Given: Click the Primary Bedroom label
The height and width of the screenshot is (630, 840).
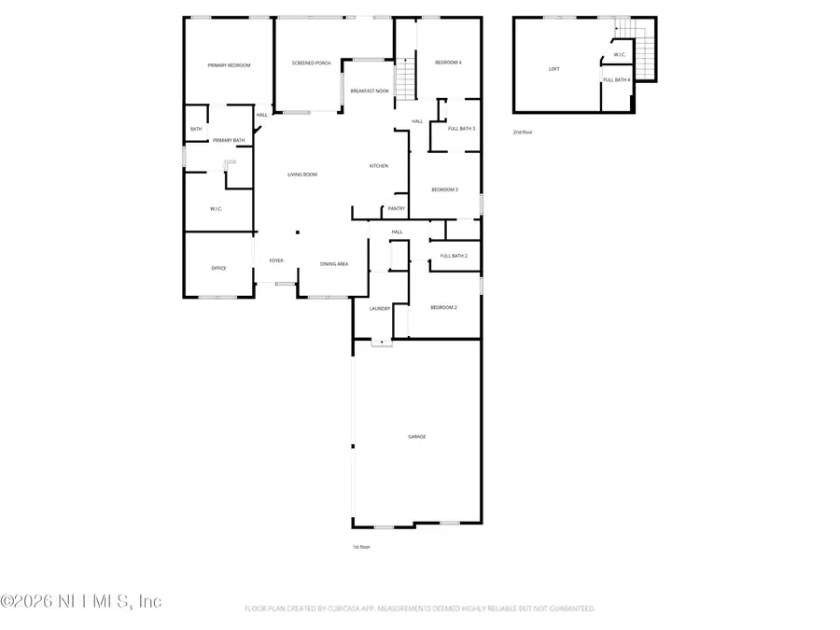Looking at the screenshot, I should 229,65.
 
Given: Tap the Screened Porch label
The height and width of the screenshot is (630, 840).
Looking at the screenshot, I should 311,63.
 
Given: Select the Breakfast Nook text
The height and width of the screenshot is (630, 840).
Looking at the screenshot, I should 370,91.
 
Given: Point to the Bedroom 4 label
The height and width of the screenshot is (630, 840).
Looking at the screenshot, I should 448,63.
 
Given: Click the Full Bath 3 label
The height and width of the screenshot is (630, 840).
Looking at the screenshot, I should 461,129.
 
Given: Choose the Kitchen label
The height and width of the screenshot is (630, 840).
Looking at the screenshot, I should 378,166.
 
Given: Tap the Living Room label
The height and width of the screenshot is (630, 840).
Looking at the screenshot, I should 301,175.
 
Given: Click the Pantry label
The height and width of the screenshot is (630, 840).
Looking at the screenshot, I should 396,209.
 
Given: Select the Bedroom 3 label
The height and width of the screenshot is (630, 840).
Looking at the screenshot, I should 444,189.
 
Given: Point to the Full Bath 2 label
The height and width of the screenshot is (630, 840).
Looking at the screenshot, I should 454,256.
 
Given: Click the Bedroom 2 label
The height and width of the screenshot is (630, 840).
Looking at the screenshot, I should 443,307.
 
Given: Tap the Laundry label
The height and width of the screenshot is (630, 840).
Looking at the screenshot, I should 379,308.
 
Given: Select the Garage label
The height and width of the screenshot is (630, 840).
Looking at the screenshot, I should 416,436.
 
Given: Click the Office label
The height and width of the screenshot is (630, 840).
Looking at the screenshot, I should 218,268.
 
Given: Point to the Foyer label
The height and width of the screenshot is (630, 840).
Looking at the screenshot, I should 276,261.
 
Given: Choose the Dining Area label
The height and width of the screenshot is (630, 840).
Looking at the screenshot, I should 334,264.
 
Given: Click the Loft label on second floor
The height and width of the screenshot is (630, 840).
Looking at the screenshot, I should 554,69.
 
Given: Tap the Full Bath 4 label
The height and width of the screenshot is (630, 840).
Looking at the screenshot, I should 617,80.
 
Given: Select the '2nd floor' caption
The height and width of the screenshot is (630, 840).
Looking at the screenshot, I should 523,132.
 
